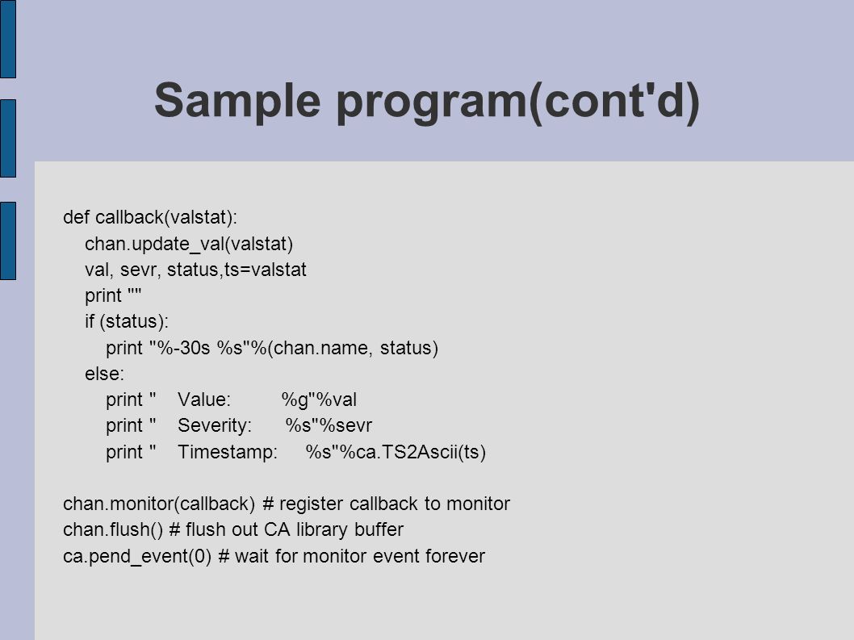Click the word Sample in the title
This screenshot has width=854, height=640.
[x=237, y=101]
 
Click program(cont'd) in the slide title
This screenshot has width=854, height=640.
[x=518, y=102]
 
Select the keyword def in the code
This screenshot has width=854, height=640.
[x=76, y=217]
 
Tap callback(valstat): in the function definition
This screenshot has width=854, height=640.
[x=166, y=217]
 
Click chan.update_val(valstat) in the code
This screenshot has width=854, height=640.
[x=189, y=244]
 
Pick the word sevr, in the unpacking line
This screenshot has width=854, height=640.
[x=140, y=270]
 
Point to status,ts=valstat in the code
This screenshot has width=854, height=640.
[x=237, y=270]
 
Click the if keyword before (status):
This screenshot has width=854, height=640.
[x=90, y=321]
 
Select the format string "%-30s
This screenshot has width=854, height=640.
[x=180, y=348]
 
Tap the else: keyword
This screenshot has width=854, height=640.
[x=105, y=374]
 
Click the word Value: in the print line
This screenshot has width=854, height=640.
[x=204, y=399]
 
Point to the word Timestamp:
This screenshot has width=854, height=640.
[x=228, y=452]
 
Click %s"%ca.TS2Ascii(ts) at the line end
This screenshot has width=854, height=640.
[x=396, y=452]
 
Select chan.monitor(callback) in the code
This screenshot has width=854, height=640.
[x=159, y=504]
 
